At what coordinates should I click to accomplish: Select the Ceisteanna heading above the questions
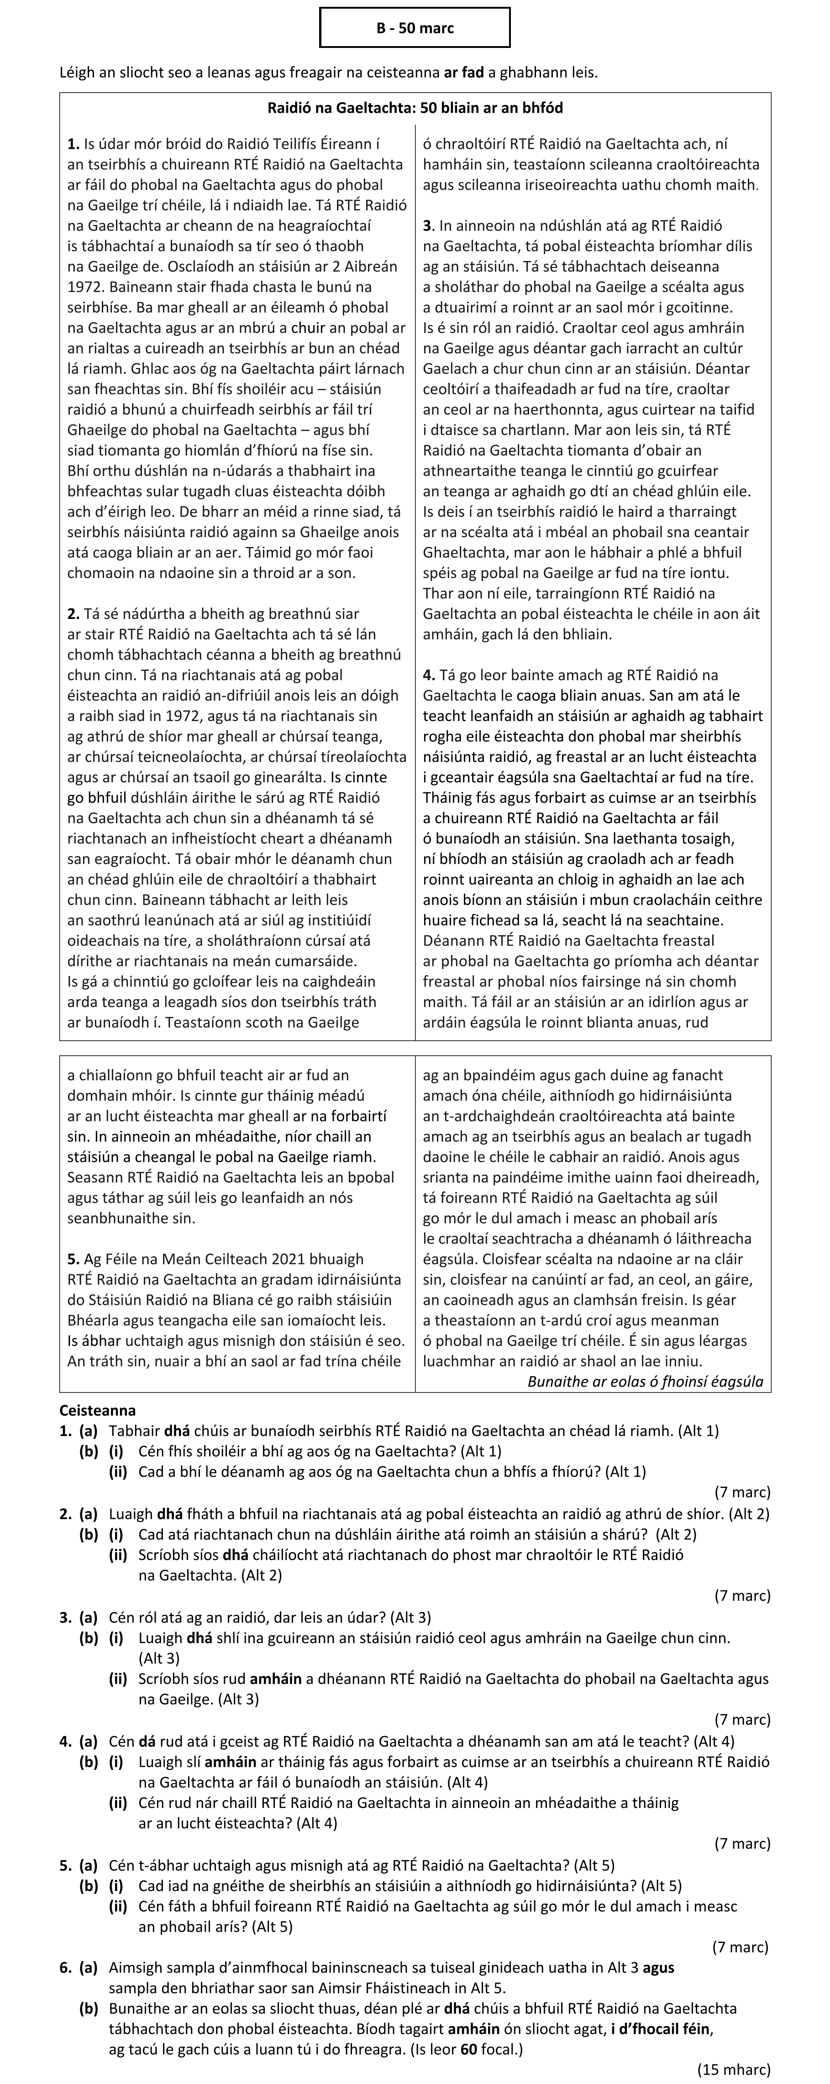[98, 1411]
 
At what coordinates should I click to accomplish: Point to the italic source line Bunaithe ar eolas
[645, 1381]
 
